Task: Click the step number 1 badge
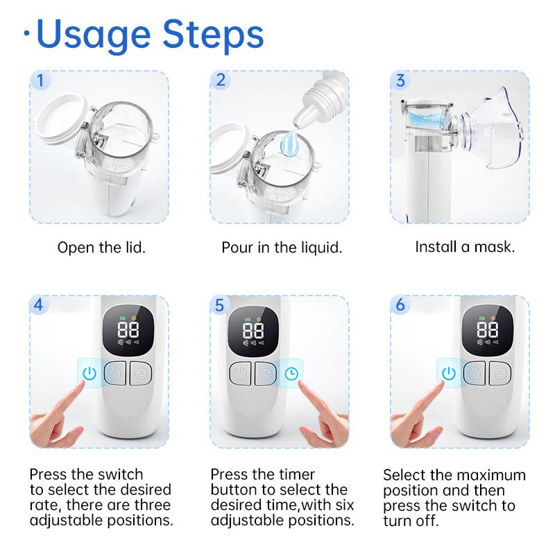(x=41, y=80)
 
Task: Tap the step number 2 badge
(x=221, y=80)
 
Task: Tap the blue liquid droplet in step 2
(x=290, y=142)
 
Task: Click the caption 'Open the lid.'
(x=101, y=248)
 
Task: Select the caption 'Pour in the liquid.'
(x=282, y=248)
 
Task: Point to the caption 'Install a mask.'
(x=465, y=247)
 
